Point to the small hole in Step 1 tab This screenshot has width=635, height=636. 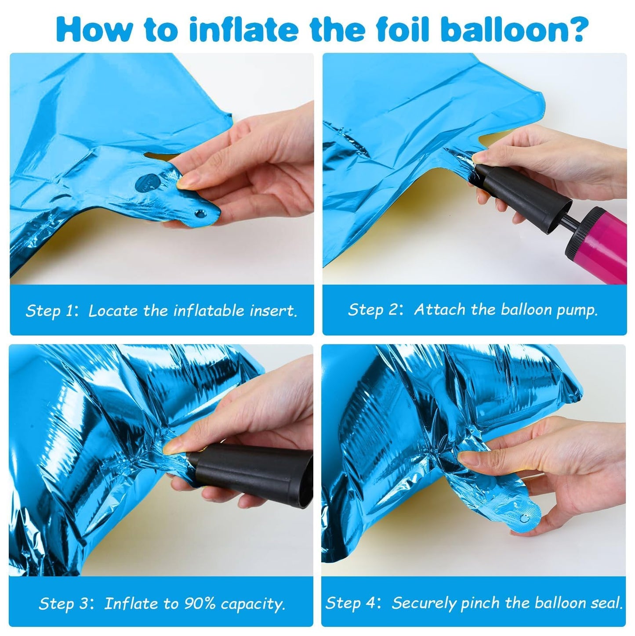coord(200,214)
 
